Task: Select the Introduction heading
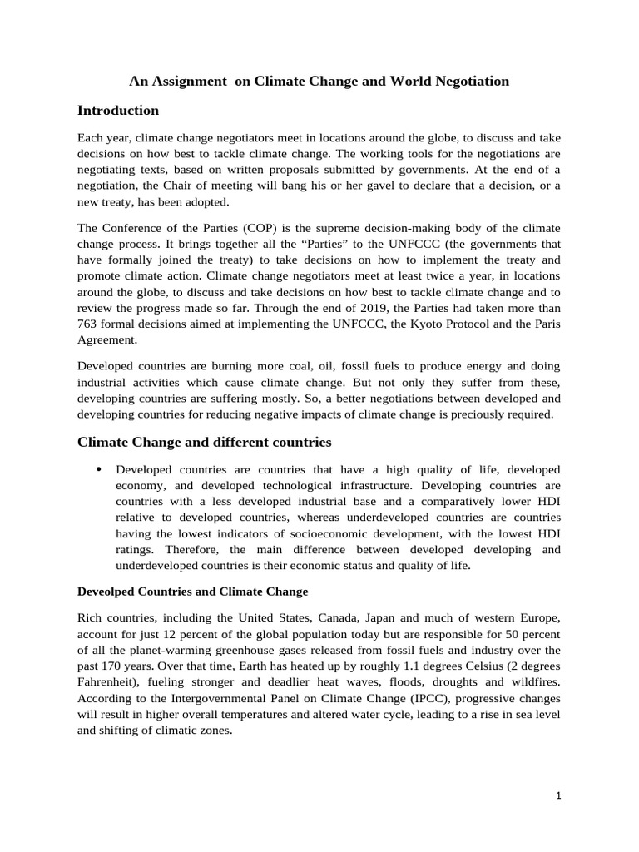click(x=117, y=111)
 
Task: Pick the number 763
click(x=87, y=324)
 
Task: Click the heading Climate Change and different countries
click(x=204, y=442)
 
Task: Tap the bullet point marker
click(x=99, y=469)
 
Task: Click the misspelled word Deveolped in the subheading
click(x=106, y=592)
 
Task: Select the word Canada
click(x=344, y=617)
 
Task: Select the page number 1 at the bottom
click(x=559, y=795)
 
